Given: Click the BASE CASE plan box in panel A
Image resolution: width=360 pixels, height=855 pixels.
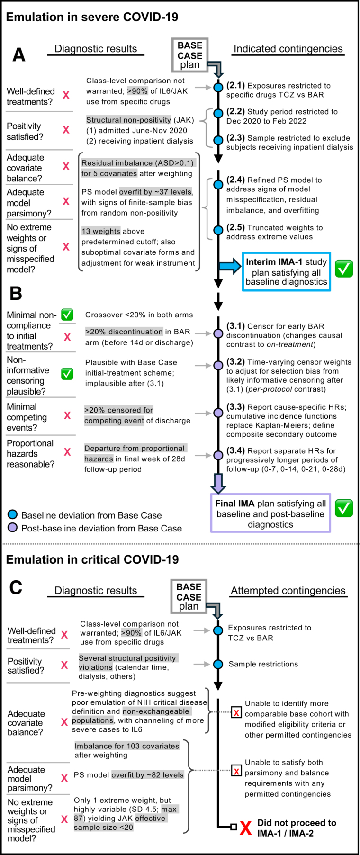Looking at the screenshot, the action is click(189, 55).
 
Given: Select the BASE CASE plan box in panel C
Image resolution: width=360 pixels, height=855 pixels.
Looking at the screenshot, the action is click(189, 596).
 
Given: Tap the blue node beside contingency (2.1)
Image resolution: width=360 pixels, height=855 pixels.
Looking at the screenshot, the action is click(218, 88).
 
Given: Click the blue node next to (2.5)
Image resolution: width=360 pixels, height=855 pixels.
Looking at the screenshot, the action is click(218, 230).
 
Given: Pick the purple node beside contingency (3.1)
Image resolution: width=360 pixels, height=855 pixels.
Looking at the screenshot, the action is click(218, 333).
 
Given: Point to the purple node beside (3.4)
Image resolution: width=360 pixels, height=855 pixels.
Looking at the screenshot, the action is click(218, 455).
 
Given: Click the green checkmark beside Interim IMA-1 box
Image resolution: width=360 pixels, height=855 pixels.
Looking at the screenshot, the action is click(344, 269).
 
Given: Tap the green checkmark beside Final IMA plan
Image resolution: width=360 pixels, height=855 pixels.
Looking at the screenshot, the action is click(344, 508).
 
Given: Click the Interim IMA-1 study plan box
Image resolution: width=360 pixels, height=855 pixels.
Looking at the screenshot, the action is click(286, 272).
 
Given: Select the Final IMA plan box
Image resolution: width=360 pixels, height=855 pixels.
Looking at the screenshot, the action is click(270, 513).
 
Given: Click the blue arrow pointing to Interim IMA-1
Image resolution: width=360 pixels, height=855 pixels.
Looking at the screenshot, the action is click(230, 267).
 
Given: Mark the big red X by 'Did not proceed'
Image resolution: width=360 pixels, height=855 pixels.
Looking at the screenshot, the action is click(245, 828).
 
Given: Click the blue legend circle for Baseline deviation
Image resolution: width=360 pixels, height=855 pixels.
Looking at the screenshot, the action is click(13, 514).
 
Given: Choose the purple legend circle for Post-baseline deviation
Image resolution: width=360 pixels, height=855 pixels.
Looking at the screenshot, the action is click(13, 527).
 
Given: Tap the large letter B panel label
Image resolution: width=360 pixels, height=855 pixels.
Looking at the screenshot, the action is click(16, 294).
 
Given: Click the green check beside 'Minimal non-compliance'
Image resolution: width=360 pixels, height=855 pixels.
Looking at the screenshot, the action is click(67, 315).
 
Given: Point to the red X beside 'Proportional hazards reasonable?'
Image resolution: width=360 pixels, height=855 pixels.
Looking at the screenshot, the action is click(67, 452).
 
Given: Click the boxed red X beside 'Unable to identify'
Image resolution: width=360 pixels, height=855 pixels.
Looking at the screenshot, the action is click(236, 712).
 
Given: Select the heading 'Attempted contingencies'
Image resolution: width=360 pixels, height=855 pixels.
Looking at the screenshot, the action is click(288, 591).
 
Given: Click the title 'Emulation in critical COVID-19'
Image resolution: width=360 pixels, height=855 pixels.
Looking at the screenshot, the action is click(92, 559).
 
